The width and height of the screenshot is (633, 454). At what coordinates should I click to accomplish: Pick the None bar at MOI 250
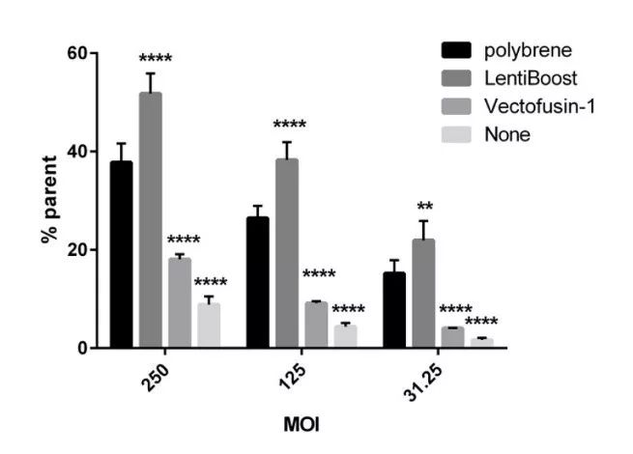click(209, 326)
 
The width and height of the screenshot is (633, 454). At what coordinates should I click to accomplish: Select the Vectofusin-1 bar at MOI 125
click(316, 325)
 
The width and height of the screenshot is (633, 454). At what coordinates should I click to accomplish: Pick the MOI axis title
click(298, 423)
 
